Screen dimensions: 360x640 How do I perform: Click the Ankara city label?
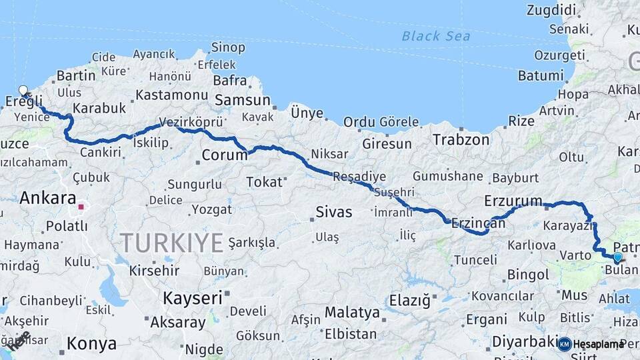[x=47, y=197]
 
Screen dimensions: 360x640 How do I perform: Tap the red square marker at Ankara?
[x=81, y=207]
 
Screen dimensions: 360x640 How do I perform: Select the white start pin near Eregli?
[x=23, y=91]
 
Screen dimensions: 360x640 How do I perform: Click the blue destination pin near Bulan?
[x=617, y=257]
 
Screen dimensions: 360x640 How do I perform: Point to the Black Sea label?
[x=435, y=36]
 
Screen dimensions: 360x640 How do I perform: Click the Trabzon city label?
[x=461, y=140]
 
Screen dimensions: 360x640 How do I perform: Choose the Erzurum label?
[x=513, y=201]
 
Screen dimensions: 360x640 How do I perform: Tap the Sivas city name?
[x=333, y=213]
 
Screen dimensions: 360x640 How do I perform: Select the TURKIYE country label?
[x=172, y=243]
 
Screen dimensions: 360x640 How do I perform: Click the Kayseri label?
[x=193, y=297]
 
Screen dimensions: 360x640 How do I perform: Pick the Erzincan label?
[x=478, y=223]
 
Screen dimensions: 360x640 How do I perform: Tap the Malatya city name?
[x=351, y=311]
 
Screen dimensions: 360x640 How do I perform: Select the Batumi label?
[x=541, y=75]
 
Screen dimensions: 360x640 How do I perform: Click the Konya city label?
[x=91, y=344]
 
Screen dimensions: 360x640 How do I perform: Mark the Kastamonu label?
[x=172, y=95]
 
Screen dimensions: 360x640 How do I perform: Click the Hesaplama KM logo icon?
[x=565, y=344]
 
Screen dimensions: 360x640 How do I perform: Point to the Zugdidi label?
[x=551, y=10]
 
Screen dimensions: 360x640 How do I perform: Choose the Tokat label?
[x=264, y=181]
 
